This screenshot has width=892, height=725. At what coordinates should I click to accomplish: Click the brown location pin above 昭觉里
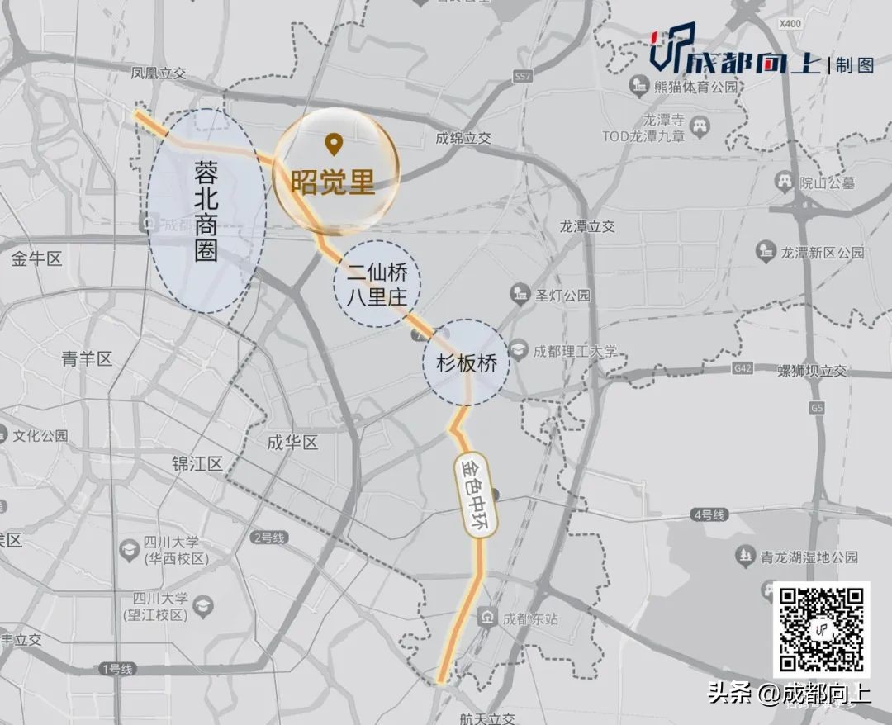(x=334, y=145)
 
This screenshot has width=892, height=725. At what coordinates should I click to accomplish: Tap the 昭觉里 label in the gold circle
(x=333, y=182)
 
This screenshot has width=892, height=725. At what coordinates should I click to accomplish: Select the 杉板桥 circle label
(x=466, y=362)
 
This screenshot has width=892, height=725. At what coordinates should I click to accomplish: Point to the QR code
(x=821, y=629)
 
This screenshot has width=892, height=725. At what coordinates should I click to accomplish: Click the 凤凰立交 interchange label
(x=159, y=73)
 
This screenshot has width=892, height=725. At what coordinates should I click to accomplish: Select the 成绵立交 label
(x=464, y=139)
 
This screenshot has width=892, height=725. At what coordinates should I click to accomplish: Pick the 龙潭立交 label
(x=587, y=225)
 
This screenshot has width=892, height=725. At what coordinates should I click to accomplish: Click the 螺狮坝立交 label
(x=813, y=372)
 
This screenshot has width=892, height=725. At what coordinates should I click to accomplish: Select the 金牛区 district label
(x=37, y=258)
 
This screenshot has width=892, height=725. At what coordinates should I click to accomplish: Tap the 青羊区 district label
(x=87, y=358)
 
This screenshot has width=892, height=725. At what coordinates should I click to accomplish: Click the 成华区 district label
(x=292, y=443)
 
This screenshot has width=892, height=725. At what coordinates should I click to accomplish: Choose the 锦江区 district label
(x=197, y=463)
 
